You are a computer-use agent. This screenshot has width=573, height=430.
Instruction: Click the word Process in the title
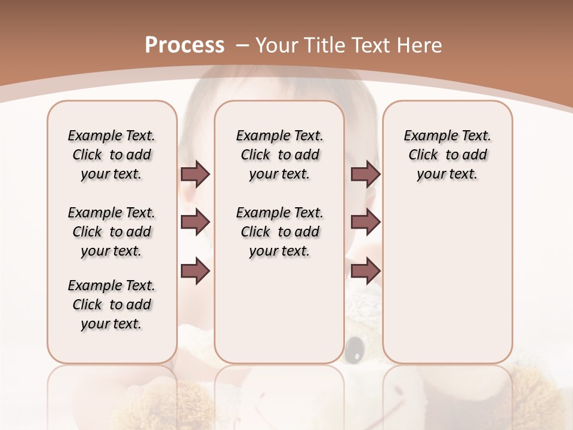[184, 45]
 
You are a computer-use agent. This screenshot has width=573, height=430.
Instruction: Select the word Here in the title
[421, 45]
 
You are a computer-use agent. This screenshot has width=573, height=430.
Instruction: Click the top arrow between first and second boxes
[195, 174]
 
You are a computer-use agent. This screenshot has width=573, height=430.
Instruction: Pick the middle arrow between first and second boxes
[195, 222]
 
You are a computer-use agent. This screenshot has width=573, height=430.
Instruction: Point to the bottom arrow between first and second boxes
[195, 271]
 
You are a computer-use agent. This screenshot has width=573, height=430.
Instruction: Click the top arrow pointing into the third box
[365, 174]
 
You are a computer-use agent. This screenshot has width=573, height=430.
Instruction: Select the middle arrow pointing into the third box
[365, 222]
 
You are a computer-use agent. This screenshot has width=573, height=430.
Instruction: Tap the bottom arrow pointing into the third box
[365, 271]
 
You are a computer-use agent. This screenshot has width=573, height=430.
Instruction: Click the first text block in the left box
[112, 155]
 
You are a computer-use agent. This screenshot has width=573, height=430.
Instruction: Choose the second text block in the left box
[112, 232]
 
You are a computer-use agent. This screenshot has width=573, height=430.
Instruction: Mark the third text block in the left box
[112, 305]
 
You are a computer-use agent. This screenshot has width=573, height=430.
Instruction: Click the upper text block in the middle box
[279, 155]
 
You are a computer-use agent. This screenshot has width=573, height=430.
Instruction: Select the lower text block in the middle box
[279, 232]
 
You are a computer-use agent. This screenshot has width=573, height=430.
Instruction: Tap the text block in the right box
[447, 155]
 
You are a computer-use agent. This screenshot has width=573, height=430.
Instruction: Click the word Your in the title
[278, 45]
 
